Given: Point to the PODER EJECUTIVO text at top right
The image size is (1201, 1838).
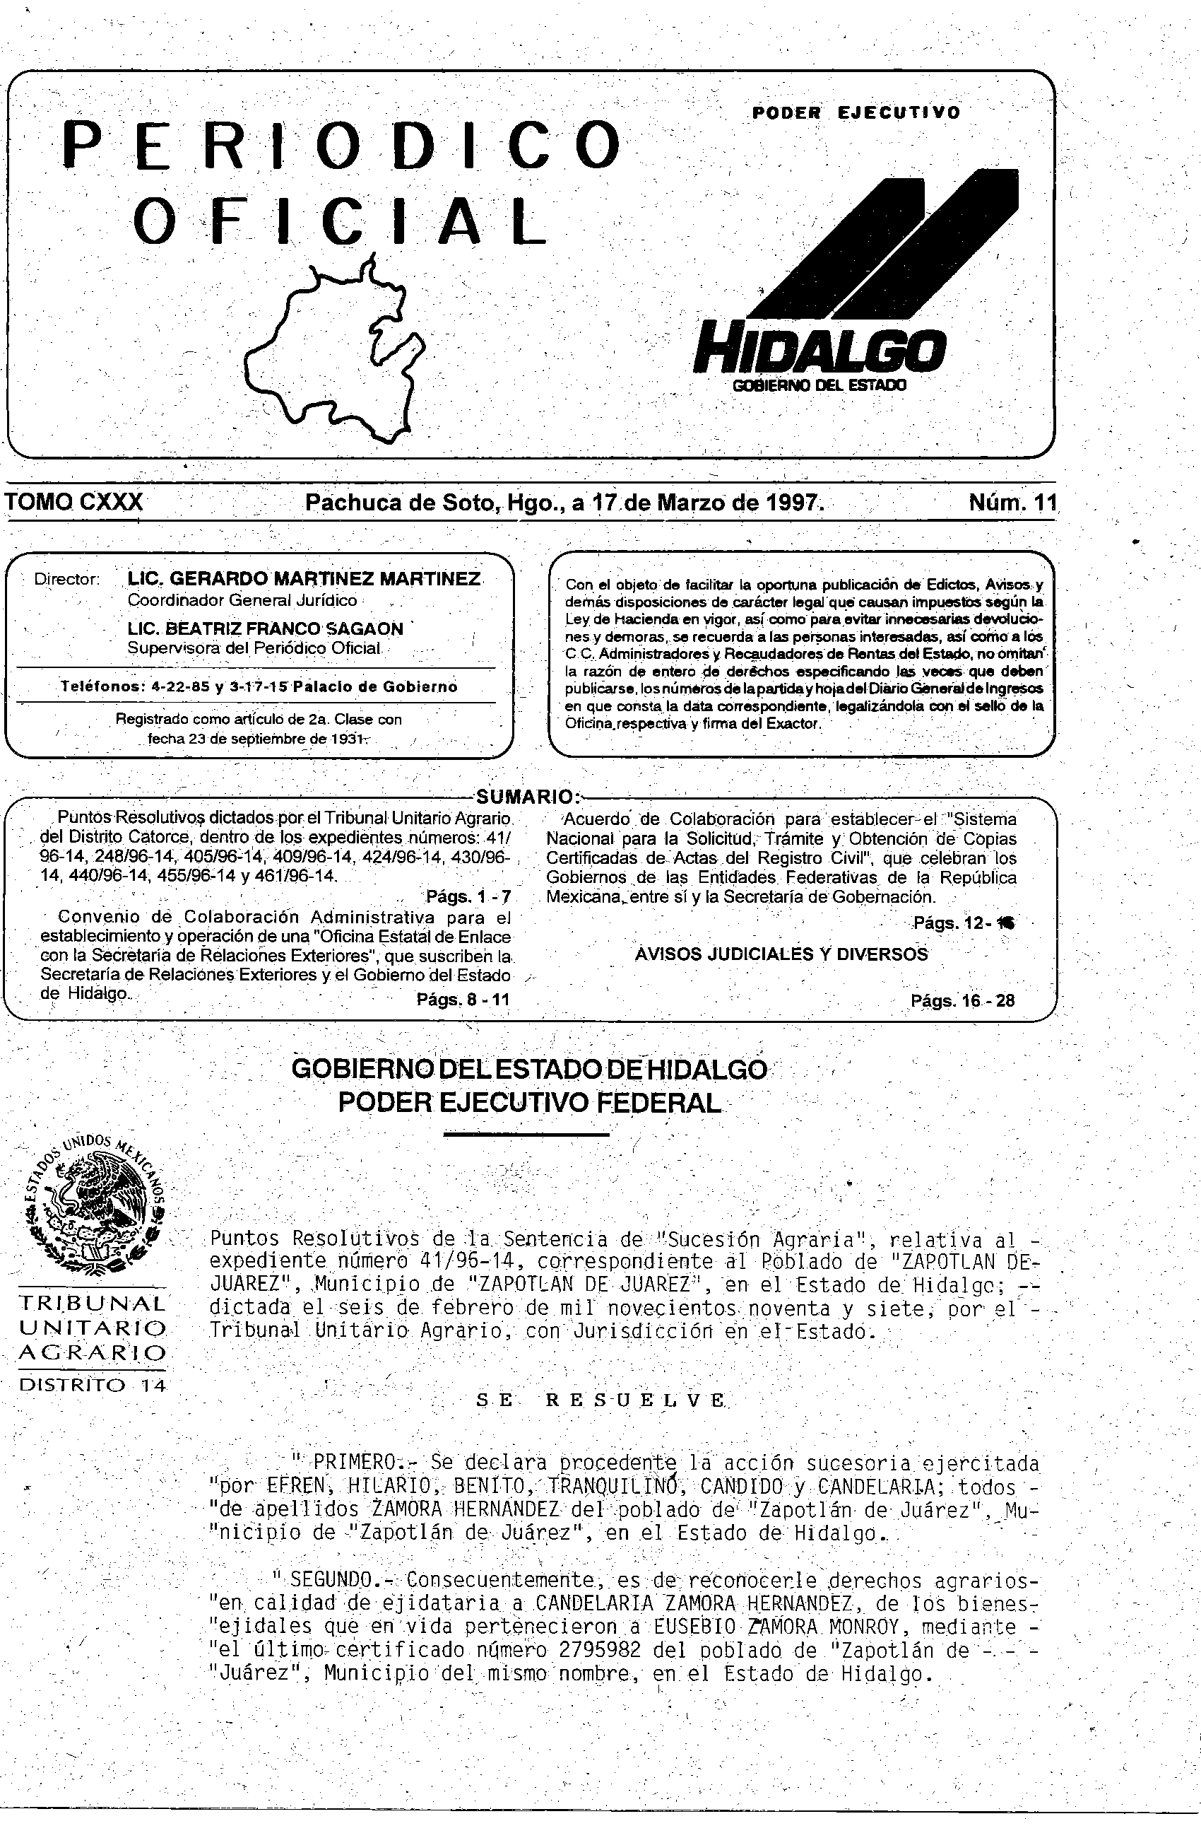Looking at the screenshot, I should (x=856, y=112).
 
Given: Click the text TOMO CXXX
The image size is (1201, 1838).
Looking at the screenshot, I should (x=74, y=503).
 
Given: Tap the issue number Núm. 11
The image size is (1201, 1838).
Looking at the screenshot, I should (x=1012, y=503).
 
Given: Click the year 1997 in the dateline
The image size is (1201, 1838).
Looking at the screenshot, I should (x=791, y=503).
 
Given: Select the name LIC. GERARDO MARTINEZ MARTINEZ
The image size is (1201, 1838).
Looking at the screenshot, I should (x=304, y=579).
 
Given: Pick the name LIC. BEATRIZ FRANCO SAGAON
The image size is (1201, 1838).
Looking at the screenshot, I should (x=266, y=628).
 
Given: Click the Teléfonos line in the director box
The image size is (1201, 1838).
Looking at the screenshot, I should (x=259, y=686).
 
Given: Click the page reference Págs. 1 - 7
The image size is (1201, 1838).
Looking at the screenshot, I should (x=468, y=896).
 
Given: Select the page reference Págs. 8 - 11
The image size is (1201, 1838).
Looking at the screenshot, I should (x=463, y=1000).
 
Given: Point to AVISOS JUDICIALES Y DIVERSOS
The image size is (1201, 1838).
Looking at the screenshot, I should (x=781, y=954).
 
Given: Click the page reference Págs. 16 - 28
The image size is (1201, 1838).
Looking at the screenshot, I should (x=962, y=1001).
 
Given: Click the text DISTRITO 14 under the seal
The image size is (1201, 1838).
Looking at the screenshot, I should (x=92, y=1385).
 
